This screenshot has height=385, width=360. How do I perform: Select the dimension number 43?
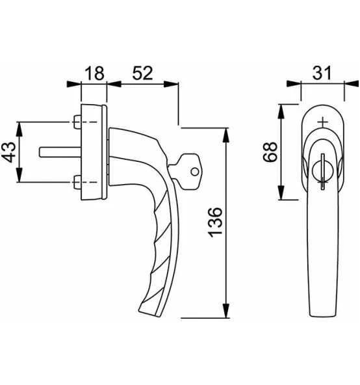(9, 153)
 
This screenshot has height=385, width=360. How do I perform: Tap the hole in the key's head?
(194, 172)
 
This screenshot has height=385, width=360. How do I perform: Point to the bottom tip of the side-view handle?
(144, 311)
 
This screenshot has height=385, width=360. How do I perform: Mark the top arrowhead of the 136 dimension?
(226, 132)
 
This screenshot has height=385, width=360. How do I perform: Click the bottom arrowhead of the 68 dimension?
(281, 195)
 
